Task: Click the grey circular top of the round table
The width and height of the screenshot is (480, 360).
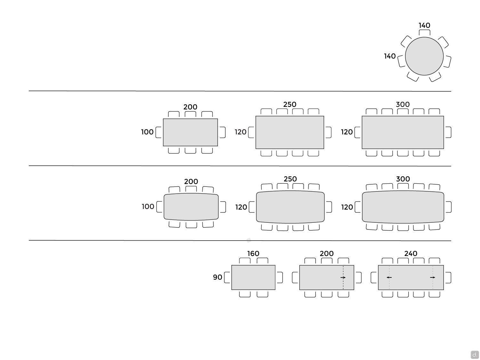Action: (424, 56)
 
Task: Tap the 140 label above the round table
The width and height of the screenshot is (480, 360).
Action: (424, 25)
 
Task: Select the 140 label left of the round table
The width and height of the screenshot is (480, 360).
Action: (390, 56)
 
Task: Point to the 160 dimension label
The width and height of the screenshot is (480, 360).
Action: (253, 253)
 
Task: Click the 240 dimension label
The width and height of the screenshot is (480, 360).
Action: (411, 253)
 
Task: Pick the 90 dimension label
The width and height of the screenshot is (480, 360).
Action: (218, 277)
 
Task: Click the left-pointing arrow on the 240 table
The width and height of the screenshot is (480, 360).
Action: (389, 277)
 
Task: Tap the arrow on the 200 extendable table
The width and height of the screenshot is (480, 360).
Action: (343, 277)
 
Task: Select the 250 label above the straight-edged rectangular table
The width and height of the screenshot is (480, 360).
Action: (290, 104)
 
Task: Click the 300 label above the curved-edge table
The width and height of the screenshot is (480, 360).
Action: (403, 179)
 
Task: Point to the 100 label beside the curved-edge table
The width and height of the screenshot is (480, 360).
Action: (148, 207)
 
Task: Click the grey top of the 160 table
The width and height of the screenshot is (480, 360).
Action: (253, 277)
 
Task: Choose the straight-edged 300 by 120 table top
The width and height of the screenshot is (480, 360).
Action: (403, 132)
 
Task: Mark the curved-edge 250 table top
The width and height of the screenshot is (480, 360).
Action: (290, 207)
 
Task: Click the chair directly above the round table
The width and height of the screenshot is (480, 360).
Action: (424, 33)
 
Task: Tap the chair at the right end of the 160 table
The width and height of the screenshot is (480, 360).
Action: (280, 277)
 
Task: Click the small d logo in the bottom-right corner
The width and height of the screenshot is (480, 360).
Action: (475, 355)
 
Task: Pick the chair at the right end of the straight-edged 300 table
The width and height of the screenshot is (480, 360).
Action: (448, 132)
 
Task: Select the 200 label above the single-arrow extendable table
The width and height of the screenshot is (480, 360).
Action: (326, 253)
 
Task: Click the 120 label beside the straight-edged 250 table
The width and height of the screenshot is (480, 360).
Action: (241, 132)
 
